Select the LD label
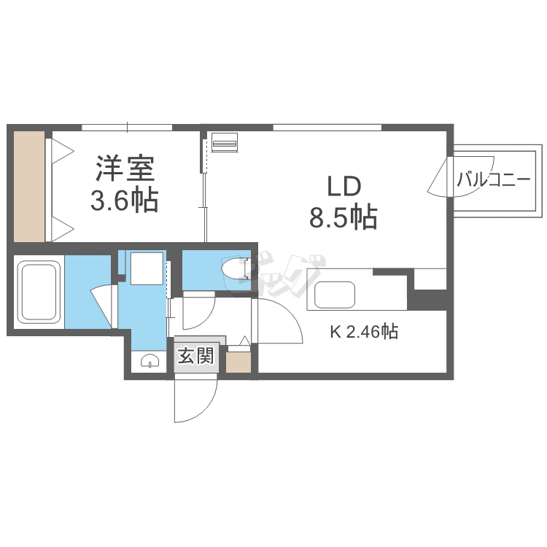(x=344, y=186)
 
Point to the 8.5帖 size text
(x=344, y=217)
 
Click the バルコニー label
(x=492, y=179)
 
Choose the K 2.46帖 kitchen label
(x=364, y=333)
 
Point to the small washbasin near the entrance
(x=150, y=361)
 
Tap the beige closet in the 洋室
(x=29, y=187)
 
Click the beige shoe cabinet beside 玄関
(x=238, y=362)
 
